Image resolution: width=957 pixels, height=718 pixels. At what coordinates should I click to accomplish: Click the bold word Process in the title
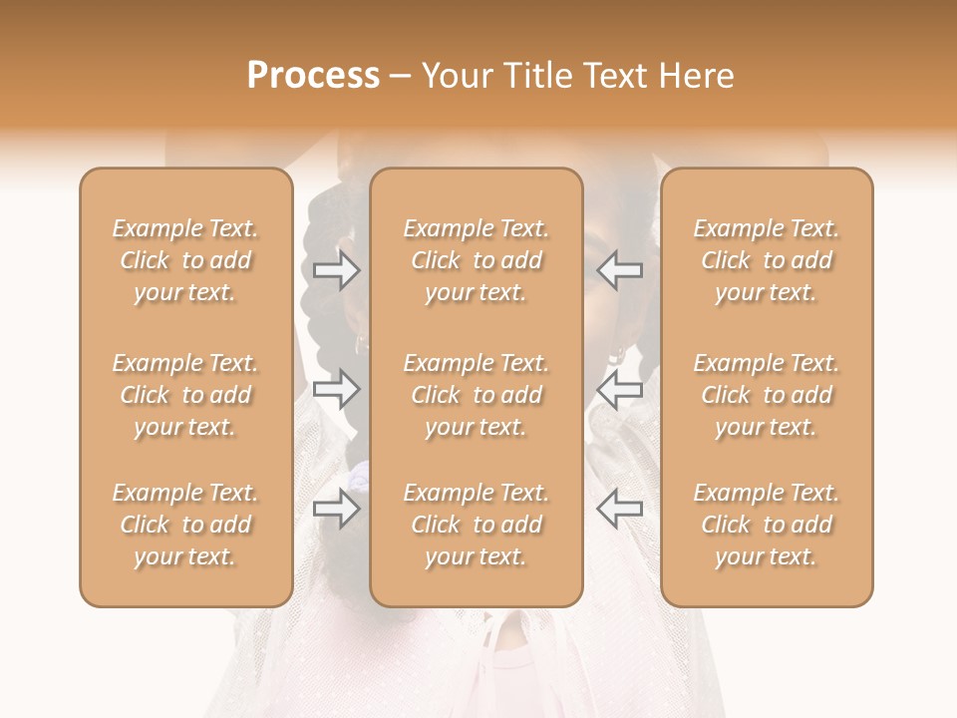[x=313, y=76]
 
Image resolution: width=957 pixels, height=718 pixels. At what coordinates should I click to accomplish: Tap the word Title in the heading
[x=537, y=76]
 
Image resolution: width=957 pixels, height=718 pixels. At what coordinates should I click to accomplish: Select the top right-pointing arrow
[x=336, y=269]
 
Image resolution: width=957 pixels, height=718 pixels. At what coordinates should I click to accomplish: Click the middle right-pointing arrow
[x=336, y=389]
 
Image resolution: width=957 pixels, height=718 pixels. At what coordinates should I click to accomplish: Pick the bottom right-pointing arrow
[x=336, y=509]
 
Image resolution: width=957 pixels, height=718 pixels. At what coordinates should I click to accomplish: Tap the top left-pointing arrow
[x=619, y=269]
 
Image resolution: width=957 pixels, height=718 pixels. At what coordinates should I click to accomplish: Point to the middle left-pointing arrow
[x=619, y=389]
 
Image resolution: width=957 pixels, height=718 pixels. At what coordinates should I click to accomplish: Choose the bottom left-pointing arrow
[x=619, y=509]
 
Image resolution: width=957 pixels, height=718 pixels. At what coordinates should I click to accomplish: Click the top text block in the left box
[x=185, y=260]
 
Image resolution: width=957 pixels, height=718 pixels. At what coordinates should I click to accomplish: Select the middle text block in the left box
[x=185, y=395]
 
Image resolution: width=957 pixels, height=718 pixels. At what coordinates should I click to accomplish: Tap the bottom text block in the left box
[x=185, y=525]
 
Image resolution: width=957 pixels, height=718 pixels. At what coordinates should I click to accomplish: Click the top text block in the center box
[x=477, y=260]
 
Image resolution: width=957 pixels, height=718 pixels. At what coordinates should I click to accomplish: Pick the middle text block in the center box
[x=477, y=395]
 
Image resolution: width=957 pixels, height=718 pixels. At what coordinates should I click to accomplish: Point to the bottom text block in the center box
[x=477, y=525]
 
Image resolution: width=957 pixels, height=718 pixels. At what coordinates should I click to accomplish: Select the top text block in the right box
[x=767, y=260]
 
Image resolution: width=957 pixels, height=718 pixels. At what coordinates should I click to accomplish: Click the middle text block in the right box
[x=767, y=395]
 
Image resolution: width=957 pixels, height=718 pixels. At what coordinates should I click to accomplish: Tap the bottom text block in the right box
[x=767, y=525]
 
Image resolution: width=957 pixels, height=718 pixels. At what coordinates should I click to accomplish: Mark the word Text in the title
[x=616, y=76]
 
